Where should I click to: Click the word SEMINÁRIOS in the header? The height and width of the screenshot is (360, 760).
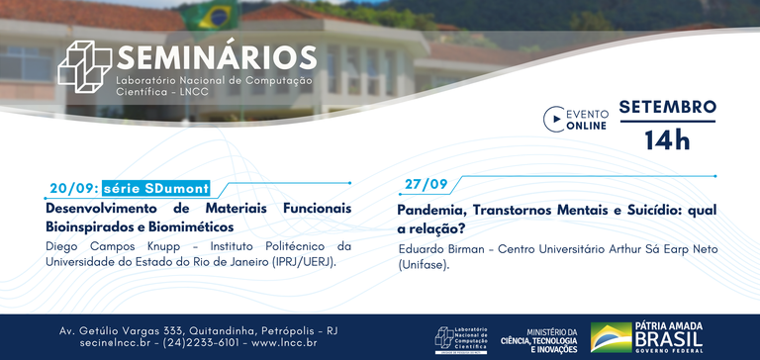217,55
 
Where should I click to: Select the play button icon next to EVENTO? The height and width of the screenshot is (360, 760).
552,120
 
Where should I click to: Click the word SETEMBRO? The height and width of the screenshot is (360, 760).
667,106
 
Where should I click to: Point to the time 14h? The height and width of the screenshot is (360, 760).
667,139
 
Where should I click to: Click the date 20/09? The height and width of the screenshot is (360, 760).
72,189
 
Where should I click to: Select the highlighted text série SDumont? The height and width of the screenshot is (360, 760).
155,189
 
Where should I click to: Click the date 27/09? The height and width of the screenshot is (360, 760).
426,185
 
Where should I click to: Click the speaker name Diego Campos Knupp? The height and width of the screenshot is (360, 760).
109,245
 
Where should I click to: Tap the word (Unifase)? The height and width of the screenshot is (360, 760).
424,265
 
